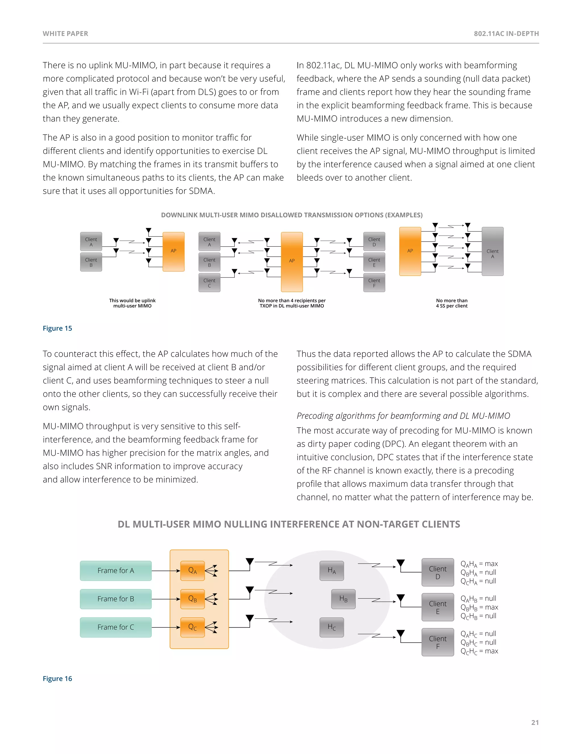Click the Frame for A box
pos(115,571)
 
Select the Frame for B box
pos(115,599)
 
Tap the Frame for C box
pos(115,627)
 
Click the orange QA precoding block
pos(192,571)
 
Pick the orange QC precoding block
pos(192,627)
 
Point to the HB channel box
pos(343,599)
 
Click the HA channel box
pos(331,571)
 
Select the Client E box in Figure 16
pos(438,607)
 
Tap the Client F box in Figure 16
pos(438,642)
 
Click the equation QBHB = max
pos(479,607)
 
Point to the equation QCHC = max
pos(479,651)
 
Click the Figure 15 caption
pos(57,328)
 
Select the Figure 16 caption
pos(57,678)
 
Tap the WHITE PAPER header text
pos(66,34)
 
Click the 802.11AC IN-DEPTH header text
pos(506,34)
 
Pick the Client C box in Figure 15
pos(209,283)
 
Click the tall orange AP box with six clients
pos(292,262)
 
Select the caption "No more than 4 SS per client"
pos(452,303)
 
